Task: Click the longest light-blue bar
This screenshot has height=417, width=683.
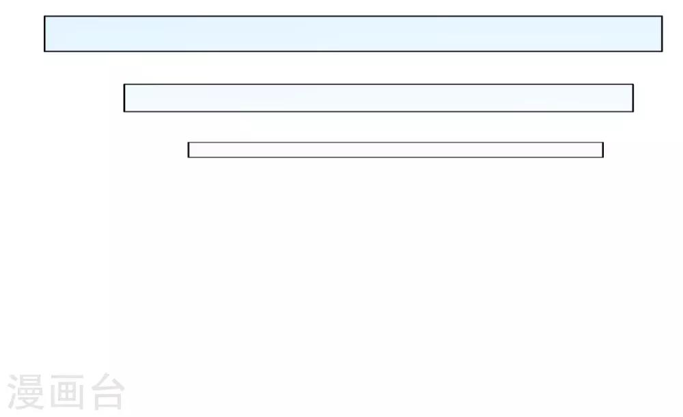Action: (353, 33)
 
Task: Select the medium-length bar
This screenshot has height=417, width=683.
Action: (378, 98)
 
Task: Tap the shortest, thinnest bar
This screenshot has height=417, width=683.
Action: (395, 149)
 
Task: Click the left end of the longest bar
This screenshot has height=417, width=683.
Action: (44, 33)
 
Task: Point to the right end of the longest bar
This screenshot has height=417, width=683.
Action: (663, 33)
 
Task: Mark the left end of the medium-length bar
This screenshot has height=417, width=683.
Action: (124, 98)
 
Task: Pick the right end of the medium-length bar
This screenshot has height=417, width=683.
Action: (633, 98)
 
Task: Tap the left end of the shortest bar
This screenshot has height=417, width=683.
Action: (189, 149)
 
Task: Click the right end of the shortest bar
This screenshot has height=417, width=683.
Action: (603, 149)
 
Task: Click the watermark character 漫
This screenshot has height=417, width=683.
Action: (26, 392)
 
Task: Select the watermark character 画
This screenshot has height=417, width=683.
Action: (67, 392)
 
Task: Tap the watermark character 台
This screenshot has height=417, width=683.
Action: (108, 391)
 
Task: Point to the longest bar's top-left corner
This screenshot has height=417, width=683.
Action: (44, 16)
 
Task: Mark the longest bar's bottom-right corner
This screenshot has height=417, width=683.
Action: (663, 51)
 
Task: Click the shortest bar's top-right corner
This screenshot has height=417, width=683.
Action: (603, 143)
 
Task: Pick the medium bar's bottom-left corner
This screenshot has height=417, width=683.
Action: (124, 112)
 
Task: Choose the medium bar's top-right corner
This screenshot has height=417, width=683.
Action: (633, 85)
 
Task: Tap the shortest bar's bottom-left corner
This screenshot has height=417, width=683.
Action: (189, 157)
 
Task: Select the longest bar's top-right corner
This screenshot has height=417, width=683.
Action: (663, 16)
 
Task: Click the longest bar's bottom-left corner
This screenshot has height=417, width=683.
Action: (44, 51)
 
